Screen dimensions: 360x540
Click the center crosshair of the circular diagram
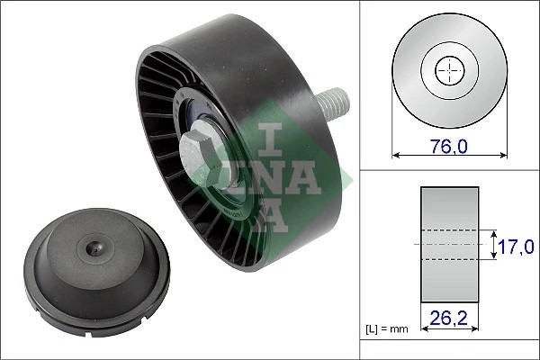pos(448,71)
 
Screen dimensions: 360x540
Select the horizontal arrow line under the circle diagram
pos(448,155)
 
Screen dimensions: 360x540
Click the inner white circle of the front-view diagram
pos(448,71)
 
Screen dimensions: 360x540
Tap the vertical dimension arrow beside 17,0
pos(495,244)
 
